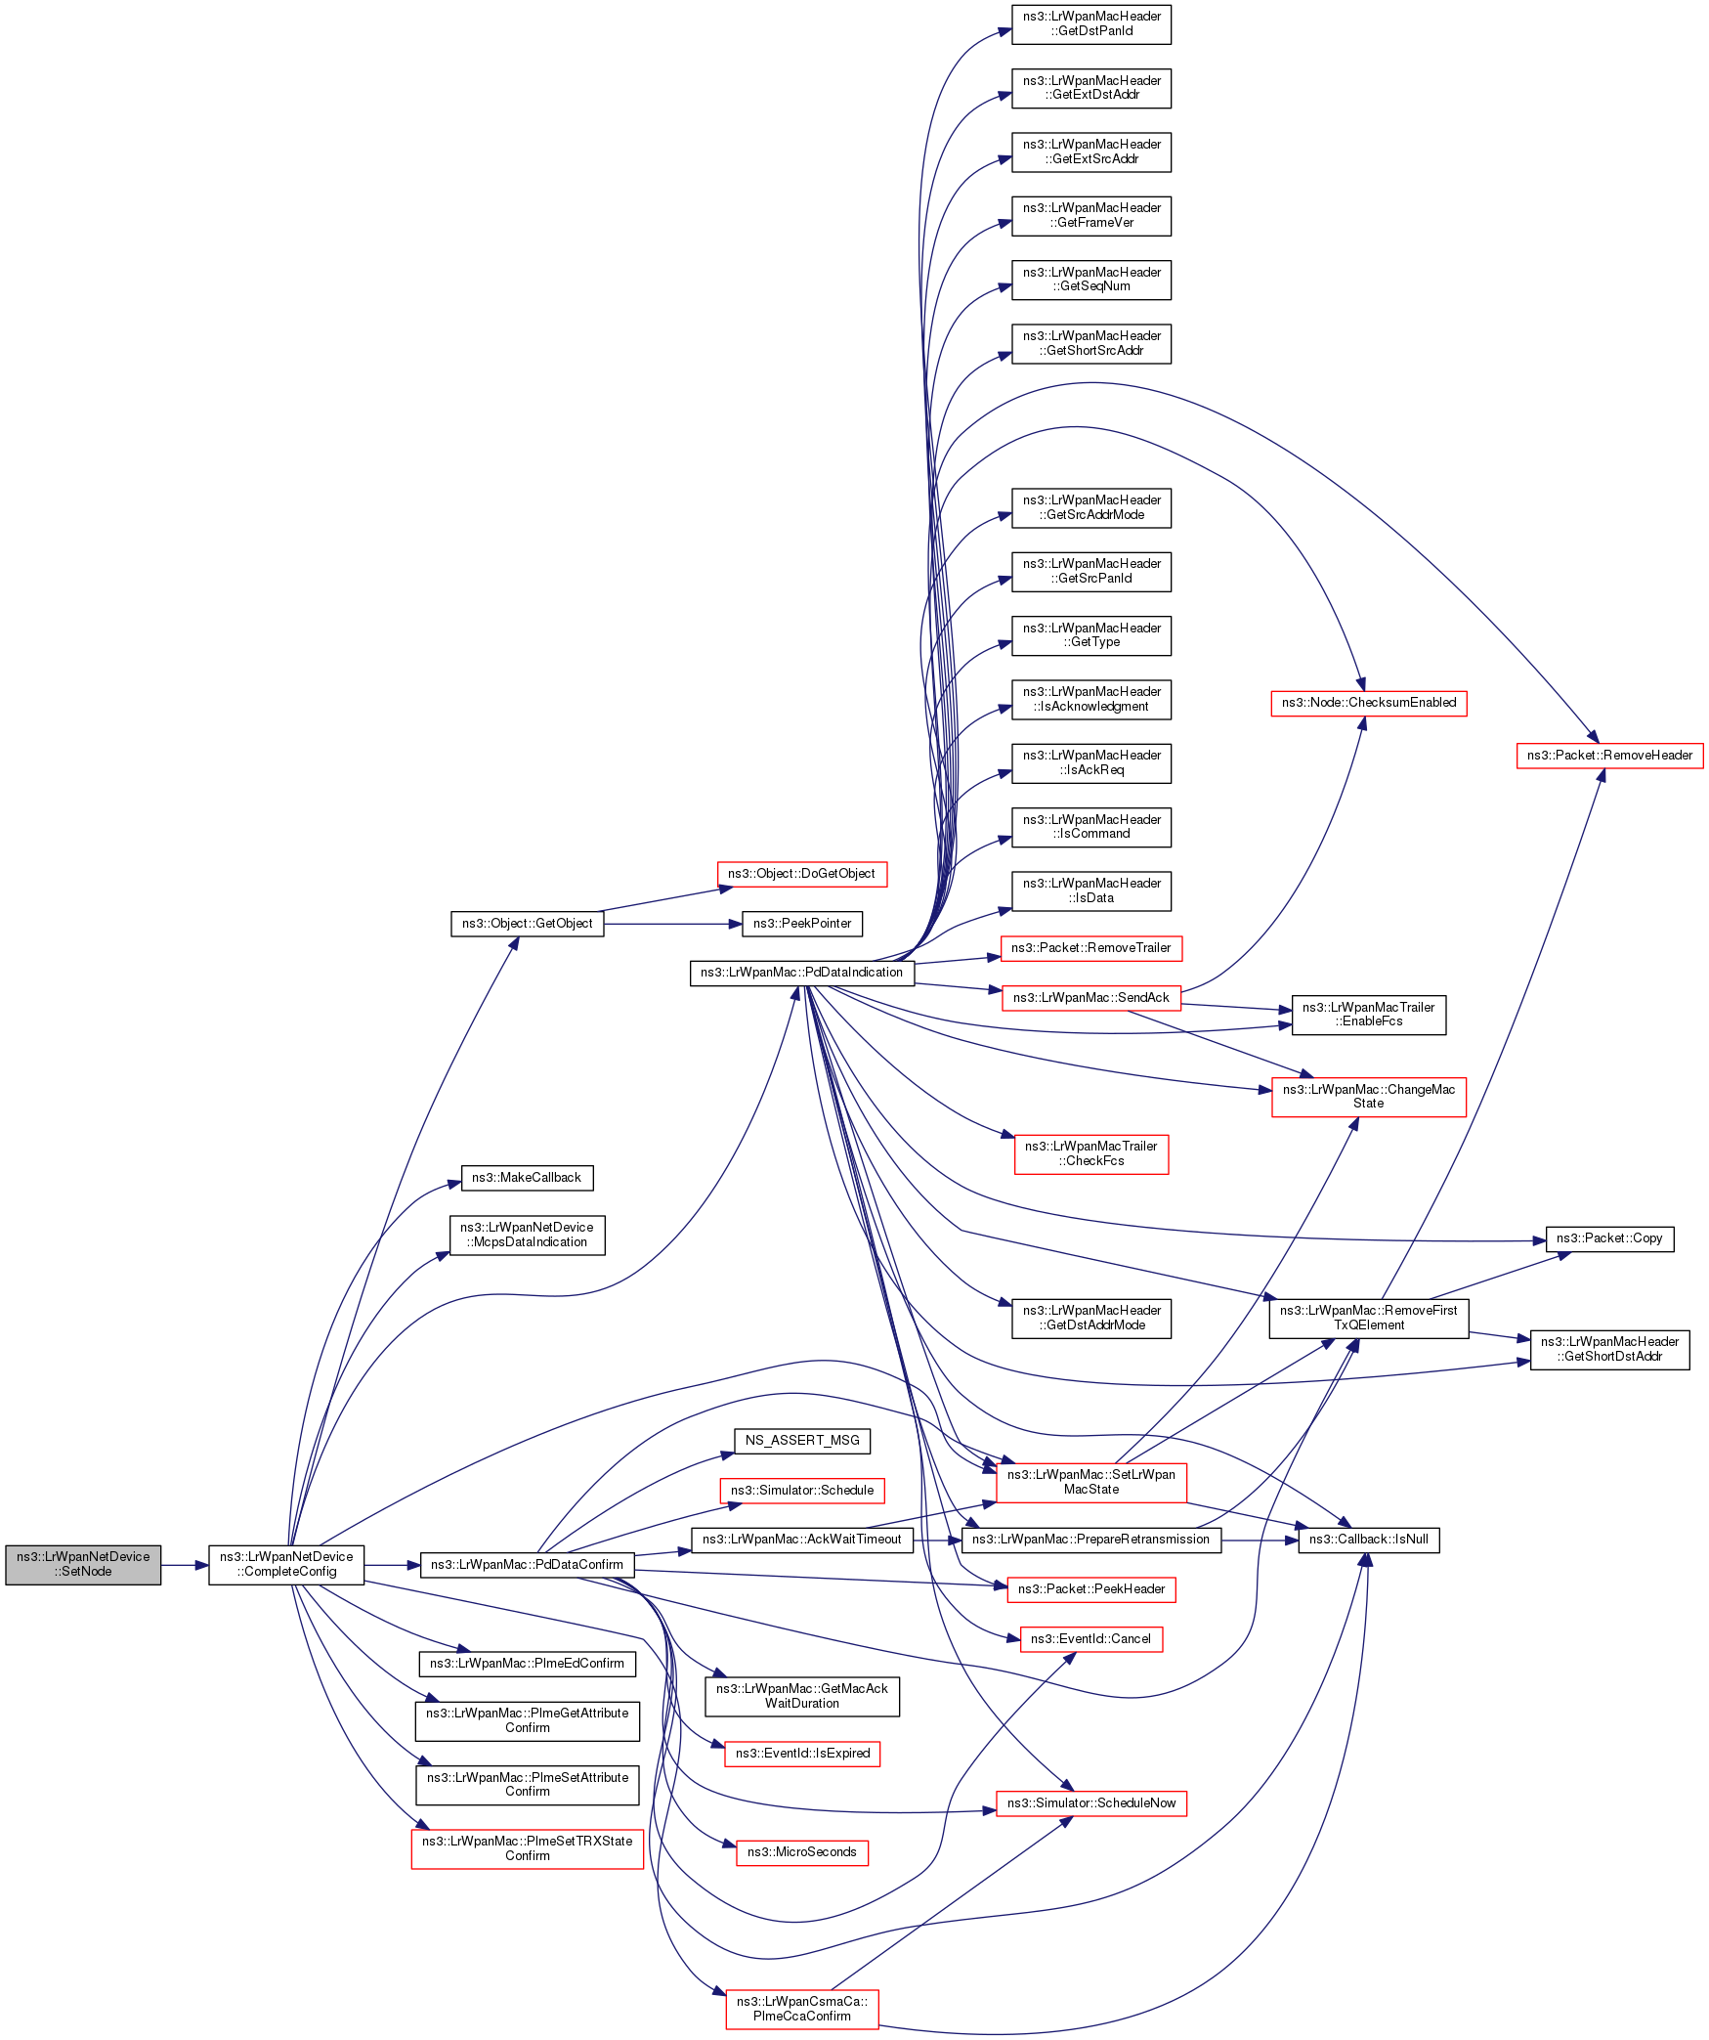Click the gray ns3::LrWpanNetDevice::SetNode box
[x=83, y=1564]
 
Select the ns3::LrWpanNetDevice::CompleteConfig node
[x=286, y=1564]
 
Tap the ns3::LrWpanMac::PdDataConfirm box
[x=527, y=1564]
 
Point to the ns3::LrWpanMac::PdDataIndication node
[x=801, y=973]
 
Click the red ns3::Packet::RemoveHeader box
[x=1609, y=756]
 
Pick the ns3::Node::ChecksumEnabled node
[x=1368, y=703]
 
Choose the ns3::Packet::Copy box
[x=1609, y=1238]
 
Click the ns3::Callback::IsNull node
[x=1368, y=1540]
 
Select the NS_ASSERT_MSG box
[x=802, y=1441]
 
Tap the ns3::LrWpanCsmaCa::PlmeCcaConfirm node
[x=802, y=2009]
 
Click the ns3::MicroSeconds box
[x=802, y=1852]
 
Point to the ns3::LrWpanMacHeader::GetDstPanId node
[x=1091, y=24]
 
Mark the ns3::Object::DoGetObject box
[x=802, y=874]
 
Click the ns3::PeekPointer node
[x=802, y=924]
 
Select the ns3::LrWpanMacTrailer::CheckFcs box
[x=1091, y=1153]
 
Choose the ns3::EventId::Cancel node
[x=1091, y=1639]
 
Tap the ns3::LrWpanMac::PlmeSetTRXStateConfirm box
[x=528, y=1848]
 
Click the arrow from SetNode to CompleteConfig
[x=185, y=1565]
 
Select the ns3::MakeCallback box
[x=527, y=1178]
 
